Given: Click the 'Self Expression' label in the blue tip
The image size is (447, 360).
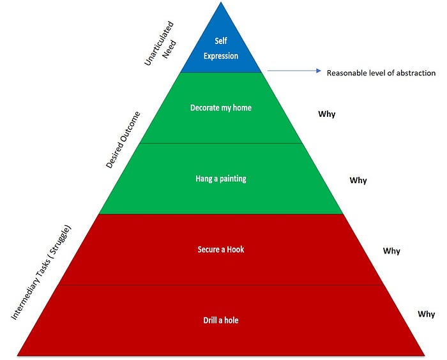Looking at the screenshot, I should point(221,49).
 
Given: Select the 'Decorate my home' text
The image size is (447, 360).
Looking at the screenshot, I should point(221,108).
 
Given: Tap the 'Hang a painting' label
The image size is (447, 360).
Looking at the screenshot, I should point(220,179).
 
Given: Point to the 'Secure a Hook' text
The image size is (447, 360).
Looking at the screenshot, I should point(221,249).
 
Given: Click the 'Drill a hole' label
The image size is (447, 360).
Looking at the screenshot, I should point(220,320).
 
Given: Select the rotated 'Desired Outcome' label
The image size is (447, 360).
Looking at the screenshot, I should point(123,140).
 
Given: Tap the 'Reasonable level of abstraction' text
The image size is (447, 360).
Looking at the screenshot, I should point(381,73).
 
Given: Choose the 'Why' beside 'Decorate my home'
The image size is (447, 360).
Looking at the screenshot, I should point(327,114).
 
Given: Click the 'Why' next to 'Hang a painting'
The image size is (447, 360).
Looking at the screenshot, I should point(358,181).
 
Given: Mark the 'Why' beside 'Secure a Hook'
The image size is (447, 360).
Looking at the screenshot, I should point(391,251).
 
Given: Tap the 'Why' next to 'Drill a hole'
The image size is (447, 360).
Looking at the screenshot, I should point(426,314).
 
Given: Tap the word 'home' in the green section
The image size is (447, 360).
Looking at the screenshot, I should point(241,108).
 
